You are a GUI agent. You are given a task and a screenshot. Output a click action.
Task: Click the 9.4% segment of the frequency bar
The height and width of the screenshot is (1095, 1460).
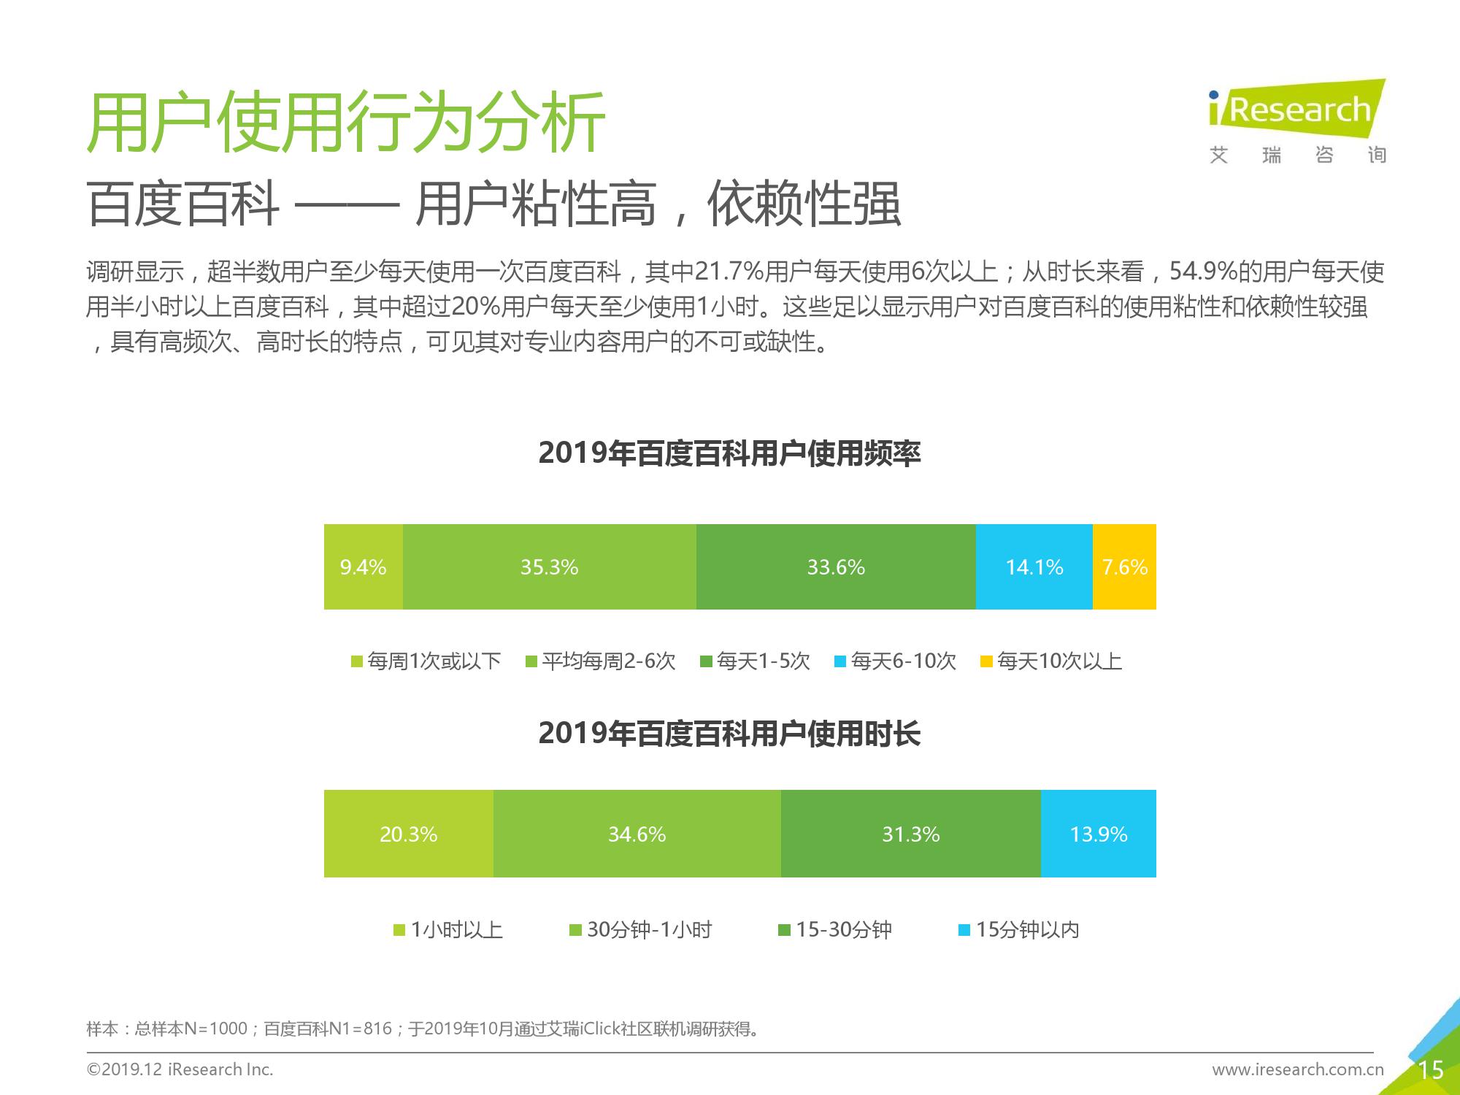click(x=364, y=566)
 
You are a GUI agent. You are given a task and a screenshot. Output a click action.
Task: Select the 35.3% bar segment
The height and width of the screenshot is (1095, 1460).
click(x=550, y=566)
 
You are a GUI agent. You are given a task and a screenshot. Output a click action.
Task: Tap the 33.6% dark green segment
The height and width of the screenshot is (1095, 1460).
click(x=836, y=566)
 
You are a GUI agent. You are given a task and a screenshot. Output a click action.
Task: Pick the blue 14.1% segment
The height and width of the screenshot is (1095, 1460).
click(x=1034, y=566)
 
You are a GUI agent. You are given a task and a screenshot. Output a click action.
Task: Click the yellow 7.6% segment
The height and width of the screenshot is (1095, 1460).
click(x=1124, y=566)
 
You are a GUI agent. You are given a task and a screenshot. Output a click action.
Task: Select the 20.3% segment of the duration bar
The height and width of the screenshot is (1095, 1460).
click(x=409, y=834)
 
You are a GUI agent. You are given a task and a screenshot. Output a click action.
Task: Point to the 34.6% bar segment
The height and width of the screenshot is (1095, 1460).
click(x=637, y=834)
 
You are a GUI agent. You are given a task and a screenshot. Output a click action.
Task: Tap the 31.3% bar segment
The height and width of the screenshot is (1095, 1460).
click(x=911, y=834)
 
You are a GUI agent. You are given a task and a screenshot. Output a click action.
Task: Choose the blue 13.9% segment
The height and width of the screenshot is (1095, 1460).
click(x=1099, y=834)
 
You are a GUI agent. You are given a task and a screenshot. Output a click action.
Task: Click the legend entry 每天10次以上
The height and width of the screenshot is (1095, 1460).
click(x=1051, y=661)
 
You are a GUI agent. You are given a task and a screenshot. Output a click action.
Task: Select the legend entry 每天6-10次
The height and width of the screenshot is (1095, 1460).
click(x=895, y=661)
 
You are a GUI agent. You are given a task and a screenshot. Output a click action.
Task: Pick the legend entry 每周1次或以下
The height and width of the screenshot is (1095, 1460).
click(x=426, y=661)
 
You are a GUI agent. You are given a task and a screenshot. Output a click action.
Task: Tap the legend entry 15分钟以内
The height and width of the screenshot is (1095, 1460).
click(x=1019, y=930)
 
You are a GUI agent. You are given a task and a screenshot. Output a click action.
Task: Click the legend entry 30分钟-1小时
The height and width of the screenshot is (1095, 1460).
click(x=641, y=930)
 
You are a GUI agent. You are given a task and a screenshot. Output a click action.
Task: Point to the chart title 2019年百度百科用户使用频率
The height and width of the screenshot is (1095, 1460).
click(x=730, y=453)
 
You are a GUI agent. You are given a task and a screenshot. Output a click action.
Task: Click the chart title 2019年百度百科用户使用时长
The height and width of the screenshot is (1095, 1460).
click(x=730, y=734)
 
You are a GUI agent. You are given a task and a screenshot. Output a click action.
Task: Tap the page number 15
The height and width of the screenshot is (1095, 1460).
click(x=1431, y=1070)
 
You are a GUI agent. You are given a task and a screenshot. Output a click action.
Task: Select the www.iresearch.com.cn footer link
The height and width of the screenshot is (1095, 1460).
click(x=1298, y=1070)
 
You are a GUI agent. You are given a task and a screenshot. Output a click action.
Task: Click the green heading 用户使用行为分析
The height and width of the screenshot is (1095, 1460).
click(x=346, y=122)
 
